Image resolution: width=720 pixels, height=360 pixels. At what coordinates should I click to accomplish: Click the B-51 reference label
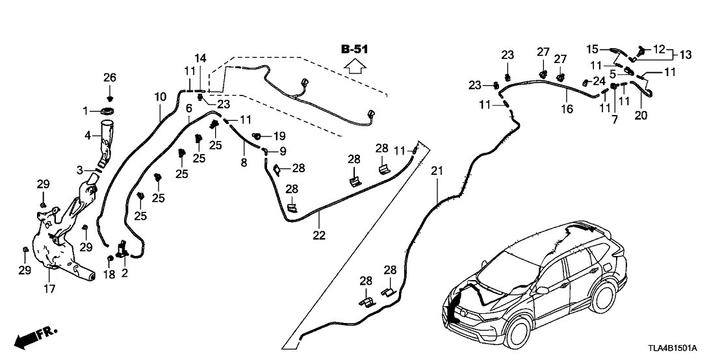pyautogui.click(x=354, y=49)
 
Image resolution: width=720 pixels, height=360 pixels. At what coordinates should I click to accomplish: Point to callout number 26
pyautogui.click(x=110, y=78)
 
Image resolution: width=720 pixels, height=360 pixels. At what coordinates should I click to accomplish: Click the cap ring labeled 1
pyautogui.click(x=108, y=112)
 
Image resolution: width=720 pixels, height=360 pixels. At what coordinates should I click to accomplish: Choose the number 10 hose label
pyautogui.click(x=161, y=97)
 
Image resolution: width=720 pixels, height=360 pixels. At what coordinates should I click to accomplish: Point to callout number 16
pyautogui.click(x=567, y=109)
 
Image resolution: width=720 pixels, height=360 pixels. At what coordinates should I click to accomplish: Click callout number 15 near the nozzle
pyautogui.click(x=592, y=49)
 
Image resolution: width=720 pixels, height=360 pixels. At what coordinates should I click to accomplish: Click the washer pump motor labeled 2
pyautogui.click(x=122, y=250)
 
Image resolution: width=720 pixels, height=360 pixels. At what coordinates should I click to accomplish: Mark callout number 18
pyautogui.click(x=109, y=274)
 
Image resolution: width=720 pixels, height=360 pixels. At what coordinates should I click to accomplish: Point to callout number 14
pyautogui.click(x=199, y=58)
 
